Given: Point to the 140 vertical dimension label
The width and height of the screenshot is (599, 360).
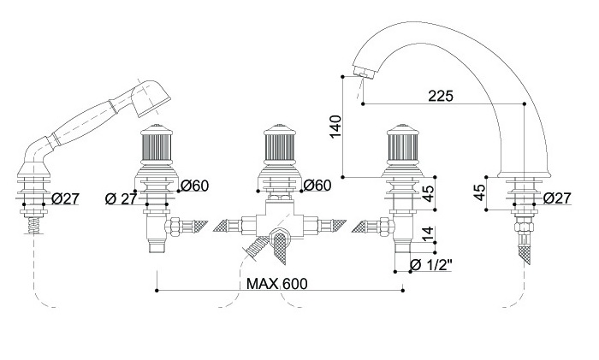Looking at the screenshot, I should pyautogui.click(x=335, y=127).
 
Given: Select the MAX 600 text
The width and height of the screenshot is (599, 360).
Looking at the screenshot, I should pyautogui.click(x=276, y=284).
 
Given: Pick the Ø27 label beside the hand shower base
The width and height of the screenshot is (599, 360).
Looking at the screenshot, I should pyautogui.click(x=65, y=198).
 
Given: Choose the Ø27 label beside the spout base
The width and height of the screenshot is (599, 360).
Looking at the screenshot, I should pyautogui.click(x=557, y=198).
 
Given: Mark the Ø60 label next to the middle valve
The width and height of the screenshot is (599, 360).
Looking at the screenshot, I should pyautogui.click(x=317, y=186).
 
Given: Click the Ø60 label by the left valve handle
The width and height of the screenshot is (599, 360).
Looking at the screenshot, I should pyautogui.click(x=196, y=186).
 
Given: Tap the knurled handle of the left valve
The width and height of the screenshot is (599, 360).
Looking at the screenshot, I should pyautogui.click(x=157, y=152).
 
